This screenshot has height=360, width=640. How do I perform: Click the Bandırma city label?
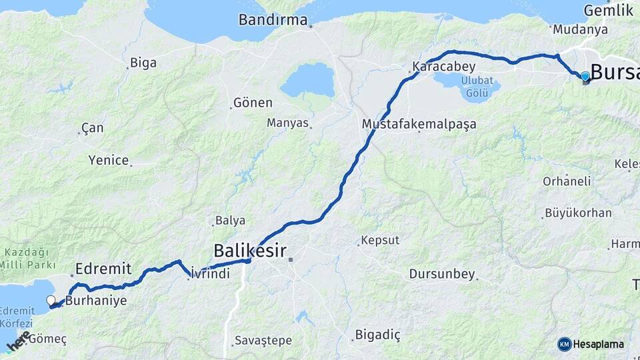click(273, 20)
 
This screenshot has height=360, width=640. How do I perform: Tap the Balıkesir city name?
click(249, 251)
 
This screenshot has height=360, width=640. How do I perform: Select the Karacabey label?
click(443, 67)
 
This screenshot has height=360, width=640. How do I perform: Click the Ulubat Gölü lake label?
click(468, 85)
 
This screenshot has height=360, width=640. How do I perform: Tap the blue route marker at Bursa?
click(585, 77)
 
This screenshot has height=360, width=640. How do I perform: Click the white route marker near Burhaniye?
click(51, 301)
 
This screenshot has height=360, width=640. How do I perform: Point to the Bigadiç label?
click(379, 334)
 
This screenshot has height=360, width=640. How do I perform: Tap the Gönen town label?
click(253, 103)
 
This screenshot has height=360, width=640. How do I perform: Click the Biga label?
click(143, 63)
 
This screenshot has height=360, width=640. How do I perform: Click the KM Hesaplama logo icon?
click(565, 344)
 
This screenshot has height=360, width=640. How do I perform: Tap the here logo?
click(19, 341)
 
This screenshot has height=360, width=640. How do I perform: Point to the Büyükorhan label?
click(578, 213)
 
